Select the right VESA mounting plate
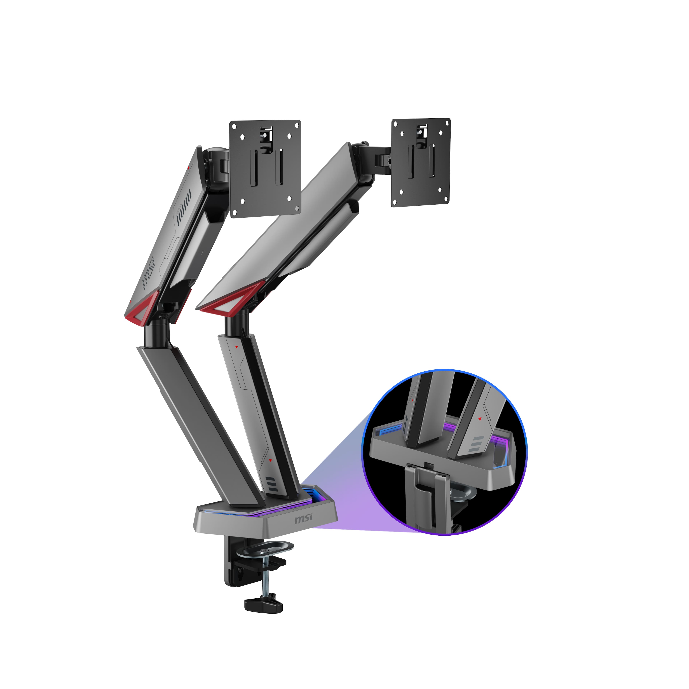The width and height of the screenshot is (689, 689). click(x=421, y=163)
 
